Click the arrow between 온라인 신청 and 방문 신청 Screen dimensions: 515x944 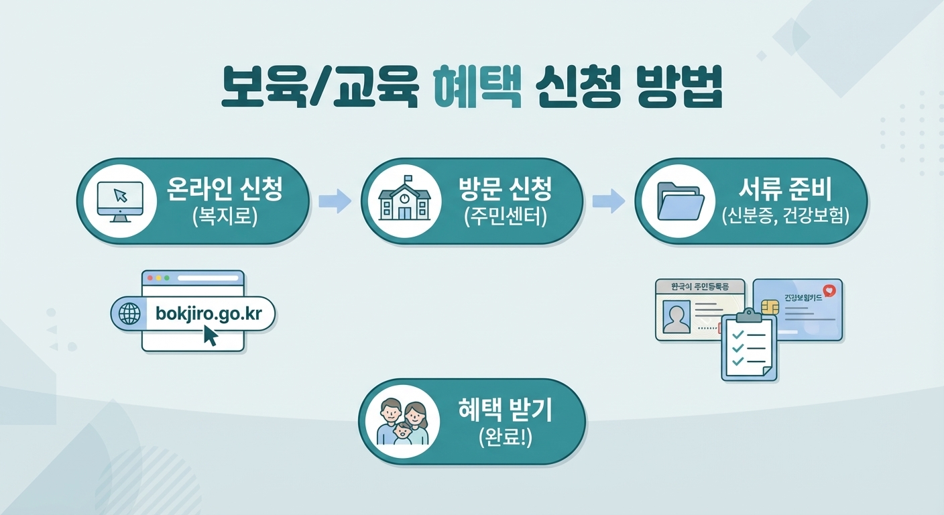click(335, 200)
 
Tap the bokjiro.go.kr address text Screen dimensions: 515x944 click(209, 313)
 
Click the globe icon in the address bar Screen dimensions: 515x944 click(129, 313)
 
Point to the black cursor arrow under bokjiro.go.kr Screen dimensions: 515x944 click(210, 335)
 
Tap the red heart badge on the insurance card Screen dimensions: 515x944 click(830, 291)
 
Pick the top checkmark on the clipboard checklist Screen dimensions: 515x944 click(737, 333)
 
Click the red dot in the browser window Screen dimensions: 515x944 click(150, 277)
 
